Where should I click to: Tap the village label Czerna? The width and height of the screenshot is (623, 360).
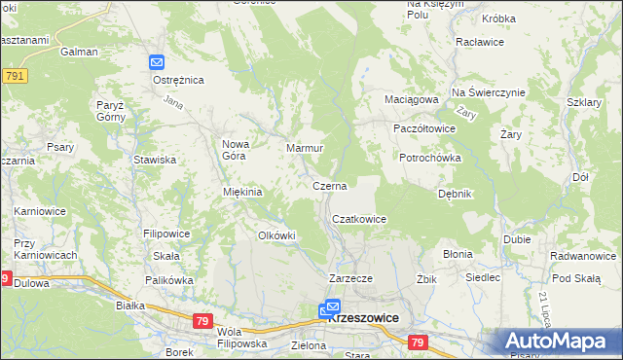point(329,185)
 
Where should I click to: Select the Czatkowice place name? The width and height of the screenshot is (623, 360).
point(359,219)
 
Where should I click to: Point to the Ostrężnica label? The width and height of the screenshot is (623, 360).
point(178,80)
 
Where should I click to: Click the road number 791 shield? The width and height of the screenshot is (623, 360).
point(14,75)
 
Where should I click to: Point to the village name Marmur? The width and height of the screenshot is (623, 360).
point(304,148)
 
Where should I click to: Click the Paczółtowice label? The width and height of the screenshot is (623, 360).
point(423,127)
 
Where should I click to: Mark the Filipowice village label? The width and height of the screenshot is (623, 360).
point(166,234)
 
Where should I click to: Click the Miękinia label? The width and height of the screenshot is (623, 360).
point(243,192)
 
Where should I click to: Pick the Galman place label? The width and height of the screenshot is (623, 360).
point(79,52)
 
